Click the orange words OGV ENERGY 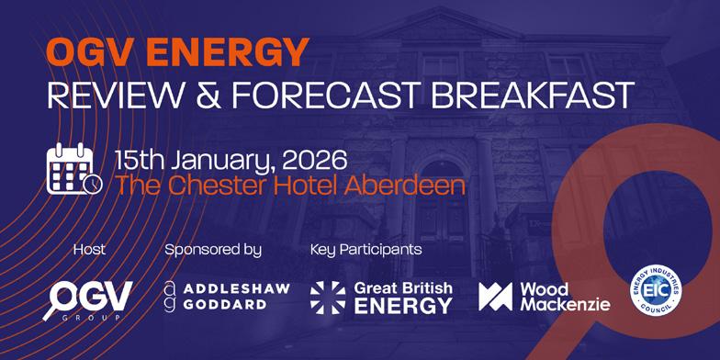click(x=178, y=51)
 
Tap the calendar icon click(x=73, y=169)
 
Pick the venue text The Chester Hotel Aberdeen click(x=290, y=186)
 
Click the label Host click(x=89, y=250)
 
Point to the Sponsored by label click(x=213, y=251)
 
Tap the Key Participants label click(x=366, y=251)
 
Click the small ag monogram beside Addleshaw click(x=170, y=298)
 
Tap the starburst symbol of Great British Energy click(x=328, y=298)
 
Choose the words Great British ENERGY click(x=403, y=298)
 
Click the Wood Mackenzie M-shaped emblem click(x=496, y=297)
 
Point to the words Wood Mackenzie click(x=566, y=297)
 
